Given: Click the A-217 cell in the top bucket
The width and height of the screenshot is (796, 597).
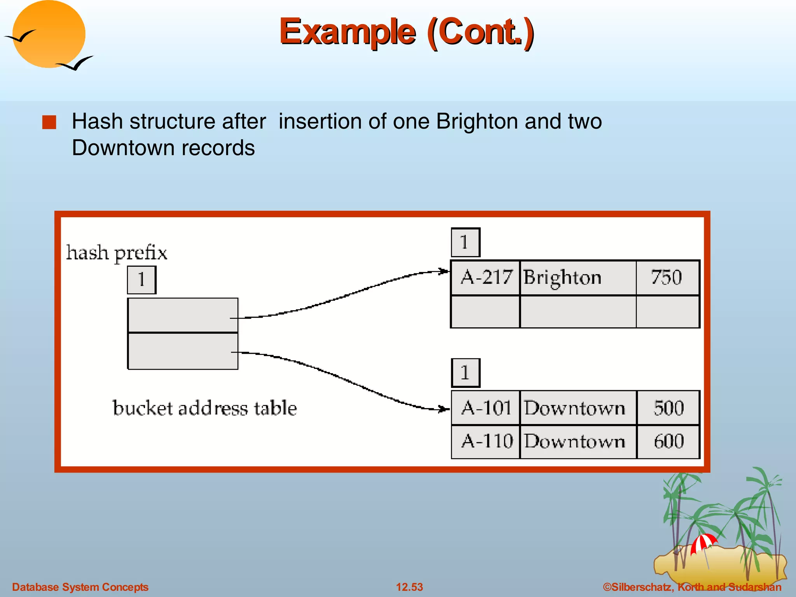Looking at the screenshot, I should (485, 278).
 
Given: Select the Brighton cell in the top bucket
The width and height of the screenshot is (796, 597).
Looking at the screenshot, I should (578, 278).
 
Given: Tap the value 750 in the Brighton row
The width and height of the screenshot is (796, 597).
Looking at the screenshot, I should (667, 278).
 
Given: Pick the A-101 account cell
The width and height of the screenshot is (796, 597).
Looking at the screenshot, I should (485, 408).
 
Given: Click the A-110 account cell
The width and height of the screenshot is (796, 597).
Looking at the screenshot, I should (485, 442).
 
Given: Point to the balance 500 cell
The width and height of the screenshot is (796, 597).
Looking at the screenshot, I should (668, 408).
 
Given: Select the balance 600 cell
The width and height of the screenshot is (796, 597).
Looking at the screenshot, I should (668, 442).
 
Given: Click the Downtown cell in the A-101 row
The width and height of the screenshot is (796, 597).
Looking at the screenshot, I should (578, 408).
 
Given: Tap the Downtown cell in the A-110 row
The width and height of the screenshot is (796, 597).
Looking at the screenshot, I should (578, 442).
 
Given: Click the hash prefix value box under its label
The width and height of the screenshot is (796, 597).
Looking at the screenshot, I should (141, 280).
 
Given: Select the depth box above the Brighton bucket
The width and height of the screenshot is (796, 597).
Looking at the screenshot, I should (465, 242).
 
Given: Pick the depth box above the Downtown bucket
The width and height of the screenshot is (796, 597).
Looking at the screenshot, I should (465, 373).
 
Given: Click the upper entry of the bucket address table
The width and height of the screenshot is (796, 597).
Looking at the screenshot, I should (183, 315).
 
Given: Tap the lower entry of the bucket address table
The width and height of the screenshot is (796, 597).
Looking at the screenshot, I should (183, 351).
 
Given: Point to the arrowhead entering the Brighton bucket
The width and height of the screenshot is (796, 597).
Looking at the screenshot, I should (444, 271).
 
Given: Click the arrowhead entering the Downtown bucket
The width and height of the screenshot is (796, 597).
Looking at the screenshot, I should (444, 409).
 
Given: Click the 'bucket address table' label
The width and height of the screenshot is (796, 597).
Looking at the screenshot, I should (204, 408).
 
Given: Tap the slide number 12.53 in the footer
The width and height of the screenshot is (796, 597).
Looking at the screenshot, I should (409, 587).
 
